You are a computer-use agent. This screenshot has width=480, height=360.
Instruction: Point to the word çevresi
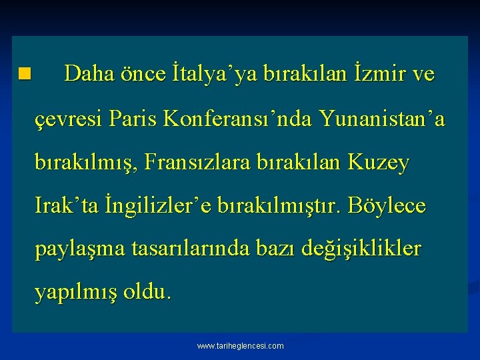coord(70,119)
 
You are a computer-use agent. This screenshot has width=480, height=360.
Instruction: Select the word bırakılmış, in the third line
coord(90,163)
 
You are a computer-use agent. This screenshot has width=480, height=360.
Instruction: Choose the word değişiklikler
coord(361,250)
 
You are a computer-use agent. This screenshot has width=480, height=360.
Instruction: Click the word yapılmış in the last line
coord(74,293)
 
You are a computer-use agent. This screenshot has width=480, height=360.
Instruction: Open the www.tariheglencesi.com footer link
coord(240,346)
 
